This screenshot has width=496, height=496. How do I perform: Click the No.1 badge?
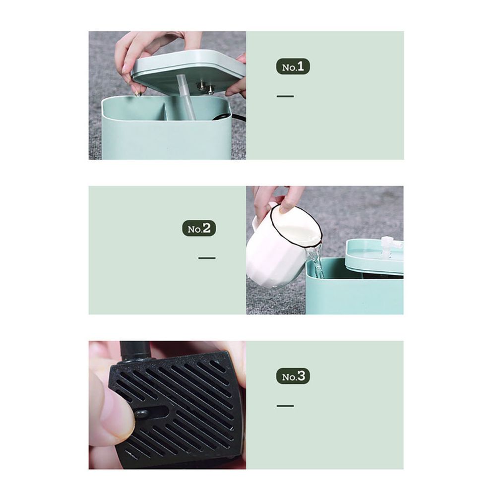click(293, 66)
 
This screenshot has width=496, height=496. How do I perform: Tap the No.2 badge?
click(199, 228)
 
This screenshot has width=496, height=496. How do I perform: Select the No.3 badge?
click(293, 376)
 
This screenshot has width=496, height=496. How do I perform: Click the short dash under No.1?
click(285, 96)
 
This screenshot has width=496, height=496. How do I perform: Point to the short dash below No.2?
click(207, 258)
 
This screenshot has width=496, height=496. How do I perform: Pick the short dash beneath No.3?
click(285, 406)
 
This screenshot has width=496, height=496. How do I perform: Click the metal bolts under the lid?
click(205, 87)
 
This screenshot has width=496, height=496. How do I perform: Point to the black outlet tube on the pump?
click(136, 352)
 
